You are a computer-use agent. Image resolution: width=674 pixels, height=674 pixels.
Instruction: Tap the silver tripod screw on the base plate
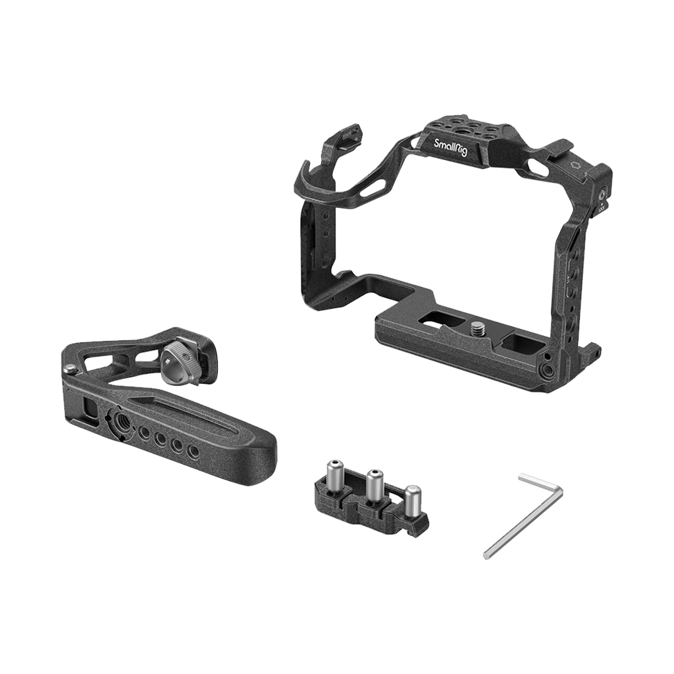(x=477, y=326)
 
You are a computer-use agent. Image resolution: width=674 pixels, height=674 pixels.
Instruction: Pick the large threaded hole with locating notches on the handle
(x=121, y=419)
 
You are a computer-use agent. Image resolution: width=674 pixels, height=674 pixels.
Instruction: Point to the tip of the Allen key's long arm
(x=487, y=556)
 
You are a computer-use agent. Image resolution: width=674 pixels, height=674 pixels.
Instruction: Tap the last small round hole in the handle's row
(x=193, y=452)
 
